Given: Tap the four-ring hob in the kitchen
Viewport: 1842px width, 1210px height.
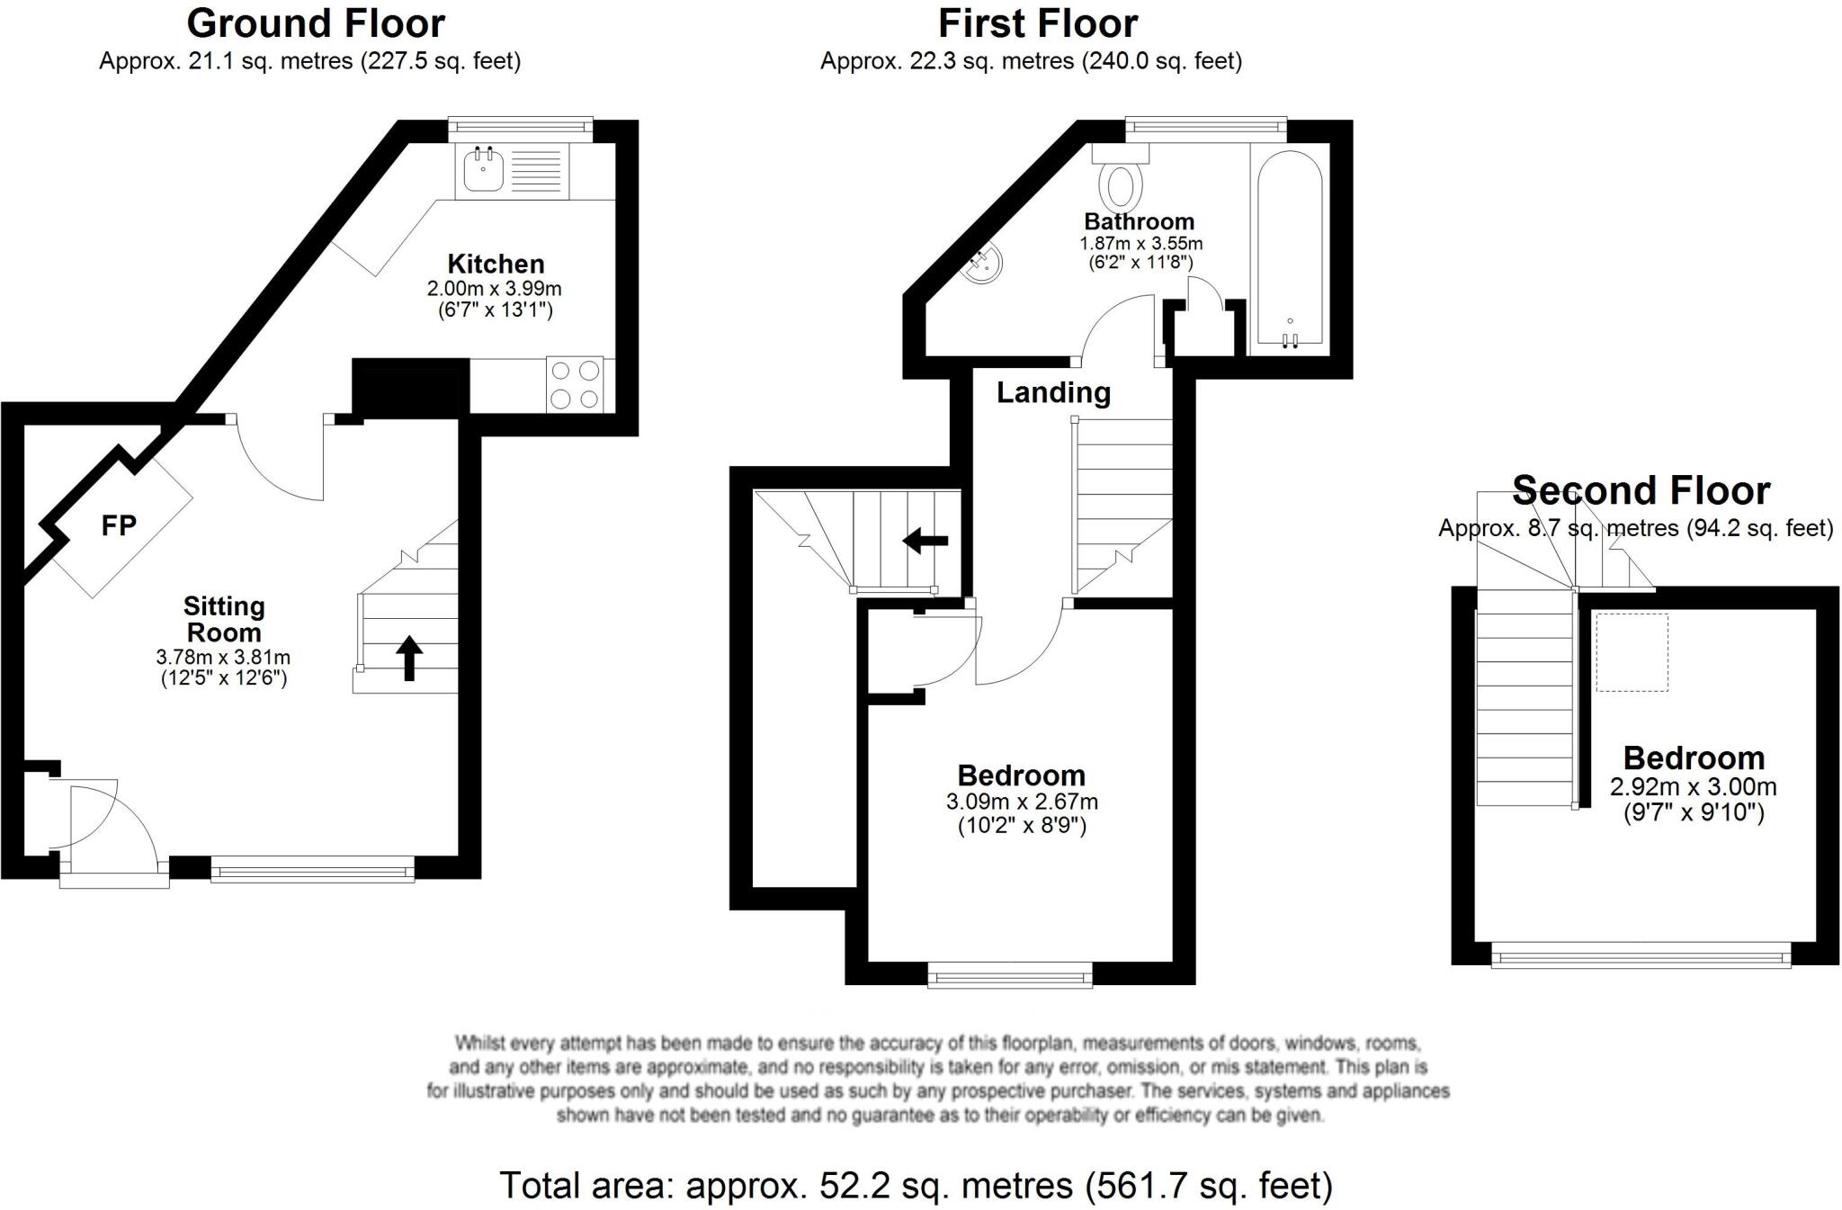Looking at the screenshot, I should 575,384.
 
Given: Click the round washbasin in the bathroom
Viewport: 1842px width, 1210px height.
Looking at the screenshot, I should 986,265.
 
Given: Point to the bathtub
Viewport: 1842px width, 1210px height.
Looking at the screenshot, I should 1289,247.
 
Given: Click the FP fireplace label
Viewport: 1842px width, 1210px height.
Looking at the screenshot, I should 119,525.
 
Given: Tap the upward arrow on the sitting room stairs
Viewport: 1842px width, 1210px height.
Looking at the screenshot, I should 409,658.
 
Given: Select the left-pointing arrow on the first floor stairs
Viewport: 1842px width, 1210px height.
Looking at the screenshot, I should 925,541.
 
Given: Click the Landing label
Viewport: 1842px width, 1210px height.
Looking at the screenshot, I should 1053,393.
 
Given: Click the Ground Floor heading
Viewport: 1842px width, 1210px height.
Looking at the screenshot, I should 315,23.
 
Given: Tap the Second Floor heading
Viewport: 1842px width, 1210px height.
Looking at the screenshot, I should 1641,491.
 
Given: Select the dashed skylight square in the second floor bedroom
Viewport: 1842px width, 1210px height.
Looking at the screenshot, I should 1632,652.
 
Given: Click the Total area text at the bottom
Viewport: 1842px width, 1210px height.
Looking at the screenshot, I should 916,1186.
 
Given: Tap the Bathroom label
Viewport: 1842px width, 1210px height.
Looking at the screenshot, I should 1139,221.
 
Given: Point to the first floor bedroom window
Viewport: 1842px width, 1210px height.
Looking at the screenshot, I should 1010,975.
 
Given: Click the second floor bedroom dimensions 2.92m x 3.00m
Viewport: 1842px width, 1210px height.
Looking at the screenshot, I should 1693,787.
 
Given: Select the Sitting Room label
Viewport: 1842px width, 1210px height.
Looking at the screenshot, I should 224,619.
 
